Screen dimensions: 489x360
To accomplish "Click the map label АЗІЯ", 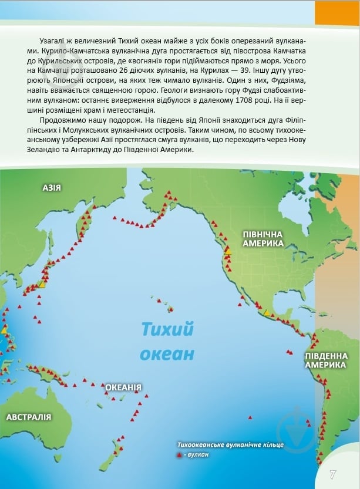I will click(52, 188).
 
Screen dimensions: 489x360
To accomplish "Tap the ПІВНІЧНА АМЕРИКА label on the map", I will click(264, 238).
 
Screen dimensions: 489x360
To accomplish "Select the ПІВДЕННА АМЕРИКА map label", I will click(324, 360).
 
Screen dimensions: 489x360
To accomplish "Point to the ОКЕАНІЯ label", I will click(123, 387).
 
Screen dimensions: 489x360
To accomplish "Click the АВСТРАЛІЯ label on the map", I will click(28, 417).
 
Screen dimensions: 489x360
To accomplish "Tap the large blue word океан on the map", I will click(166, 354).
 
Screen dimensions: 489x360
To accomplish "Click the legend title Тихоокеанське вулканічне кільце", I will click(231, 445).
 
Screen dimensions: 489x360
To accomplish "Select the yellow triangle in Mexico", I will click(267, 312).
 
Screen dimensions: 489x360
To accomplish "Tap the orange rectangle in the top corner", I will click(337, 12).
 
